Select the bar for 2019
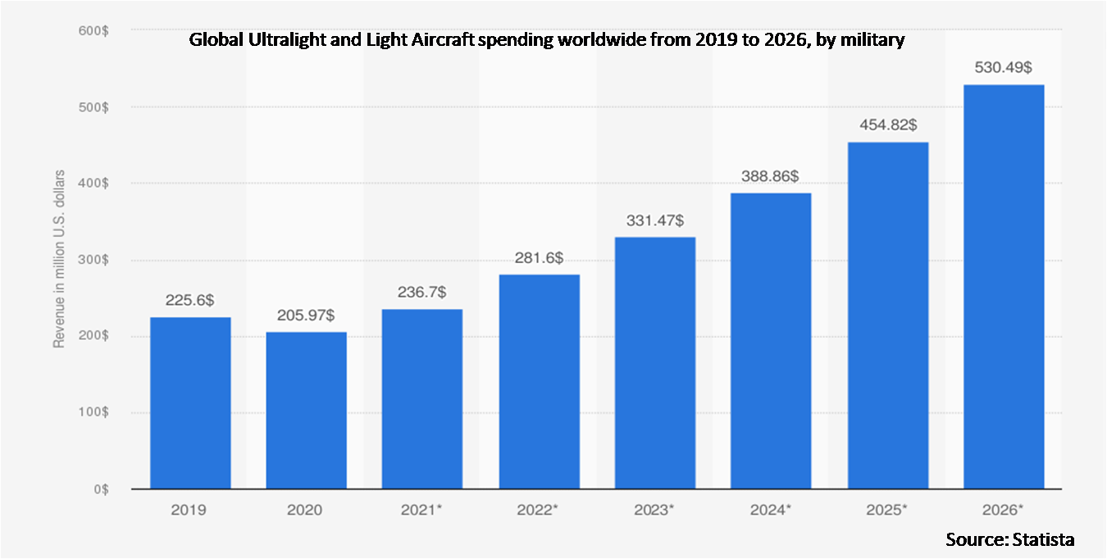coord(190,402)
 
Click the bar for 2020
coord(307,410)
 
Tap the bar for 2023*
coord(655,363)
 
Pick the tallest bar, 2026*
coord(1004,287)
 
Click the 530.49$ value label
coord(1003,68)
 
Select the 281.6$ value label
coord(539,258)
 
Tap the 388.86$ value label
coord(771,176)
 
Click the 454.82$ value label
coord(887,125)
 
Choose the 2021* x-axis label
coord(422,510)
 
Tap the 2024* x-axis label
coord(771,510)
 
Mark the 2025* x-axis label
coord(887,510)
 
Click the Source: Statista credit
coord(1009,539)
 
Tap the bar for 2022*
coord(539,382)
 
